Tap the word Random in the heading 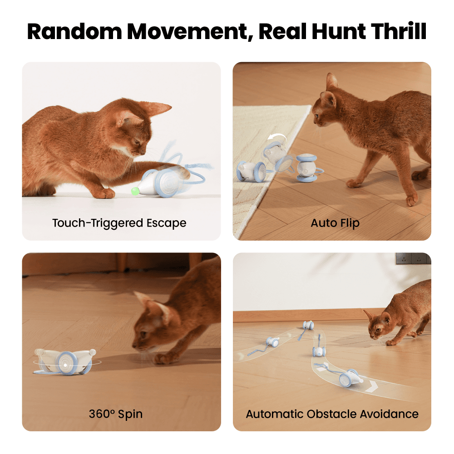pos(74,31)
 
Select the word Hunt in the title pos(339,31)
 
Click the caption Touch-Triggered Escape pos(119,223)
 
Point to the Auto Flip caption pos(335,223)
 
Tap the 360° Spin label pos(115,414)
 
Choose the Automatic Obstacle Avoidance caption pos(332,414)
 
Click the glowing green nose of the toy pos(135,191)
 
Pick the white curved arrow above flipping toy pos(277,137)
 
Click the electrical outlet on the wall pos(413,258)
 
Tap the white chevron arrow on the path pos(371,386)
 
